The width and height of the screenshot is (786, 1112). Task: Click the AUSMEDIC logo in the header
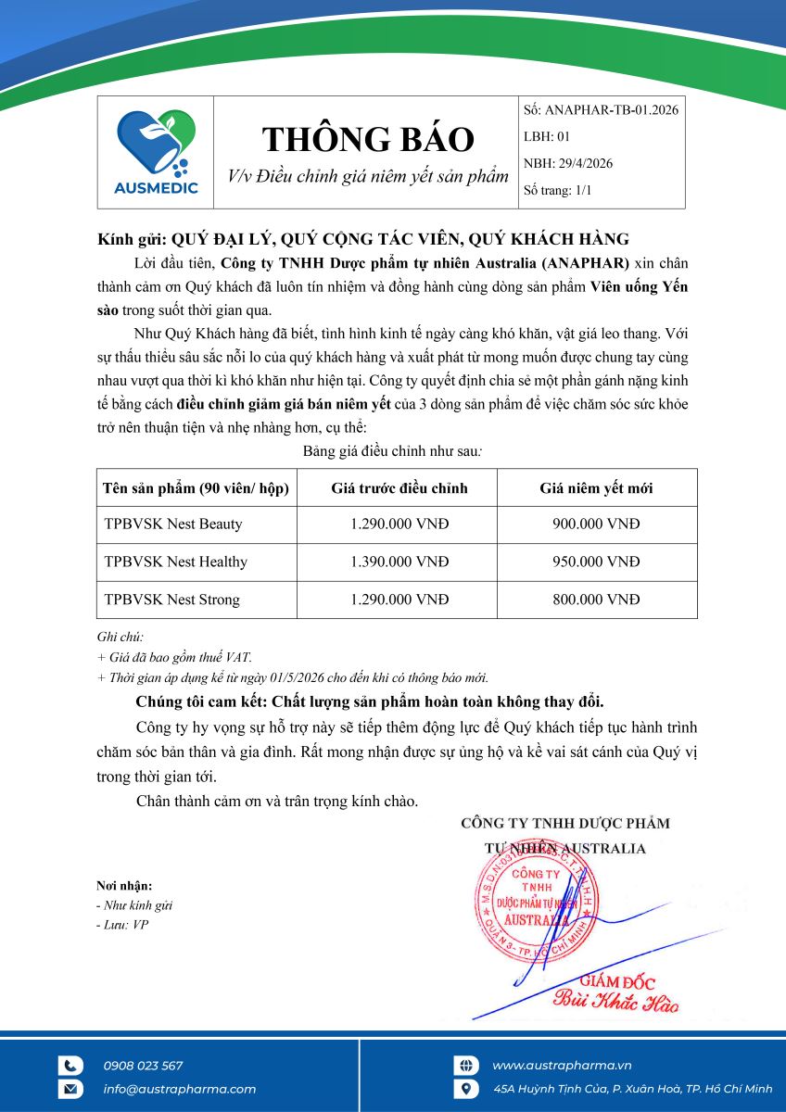coord(156,152)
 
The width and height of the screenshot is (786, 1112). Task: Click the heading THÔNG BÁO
coord(368,139)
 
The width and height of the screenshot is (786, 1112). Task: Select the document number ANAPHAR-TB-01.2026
coord(612,109)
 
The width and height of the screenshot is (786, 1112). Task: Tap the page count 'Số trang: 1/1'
coord(558,190)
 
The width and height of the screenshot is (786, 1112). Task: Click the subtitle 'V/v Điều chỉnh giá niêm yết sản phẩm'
coord(368,176)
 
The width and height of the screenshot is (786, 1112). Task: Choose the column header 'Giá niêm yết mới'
coord(596,487)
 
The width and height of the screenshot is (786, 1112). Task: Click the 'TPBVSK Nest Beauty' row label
coord(173,524)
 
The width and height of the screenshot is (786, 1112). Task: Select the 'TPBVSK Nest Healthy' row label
coord(176,562)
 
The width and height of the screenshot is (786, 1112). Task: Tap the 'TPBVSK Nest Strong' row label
coord(172,600)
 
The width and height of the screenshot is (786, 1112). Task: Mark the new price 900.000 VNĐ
coord(596,524)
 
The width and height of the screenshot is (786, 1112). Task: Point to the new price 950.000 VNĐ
coord(596,562)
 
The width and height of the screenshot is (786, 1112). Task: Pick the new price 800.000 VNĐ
coord(596,600)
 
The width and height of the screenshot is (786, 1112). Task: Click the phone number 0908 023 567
coord(143,1066)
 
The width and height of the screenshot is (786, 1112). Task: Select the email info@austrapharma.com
coord(180,1089)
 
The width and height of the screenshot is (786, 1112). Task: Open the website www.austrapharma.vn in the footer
coord(562,1066)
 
